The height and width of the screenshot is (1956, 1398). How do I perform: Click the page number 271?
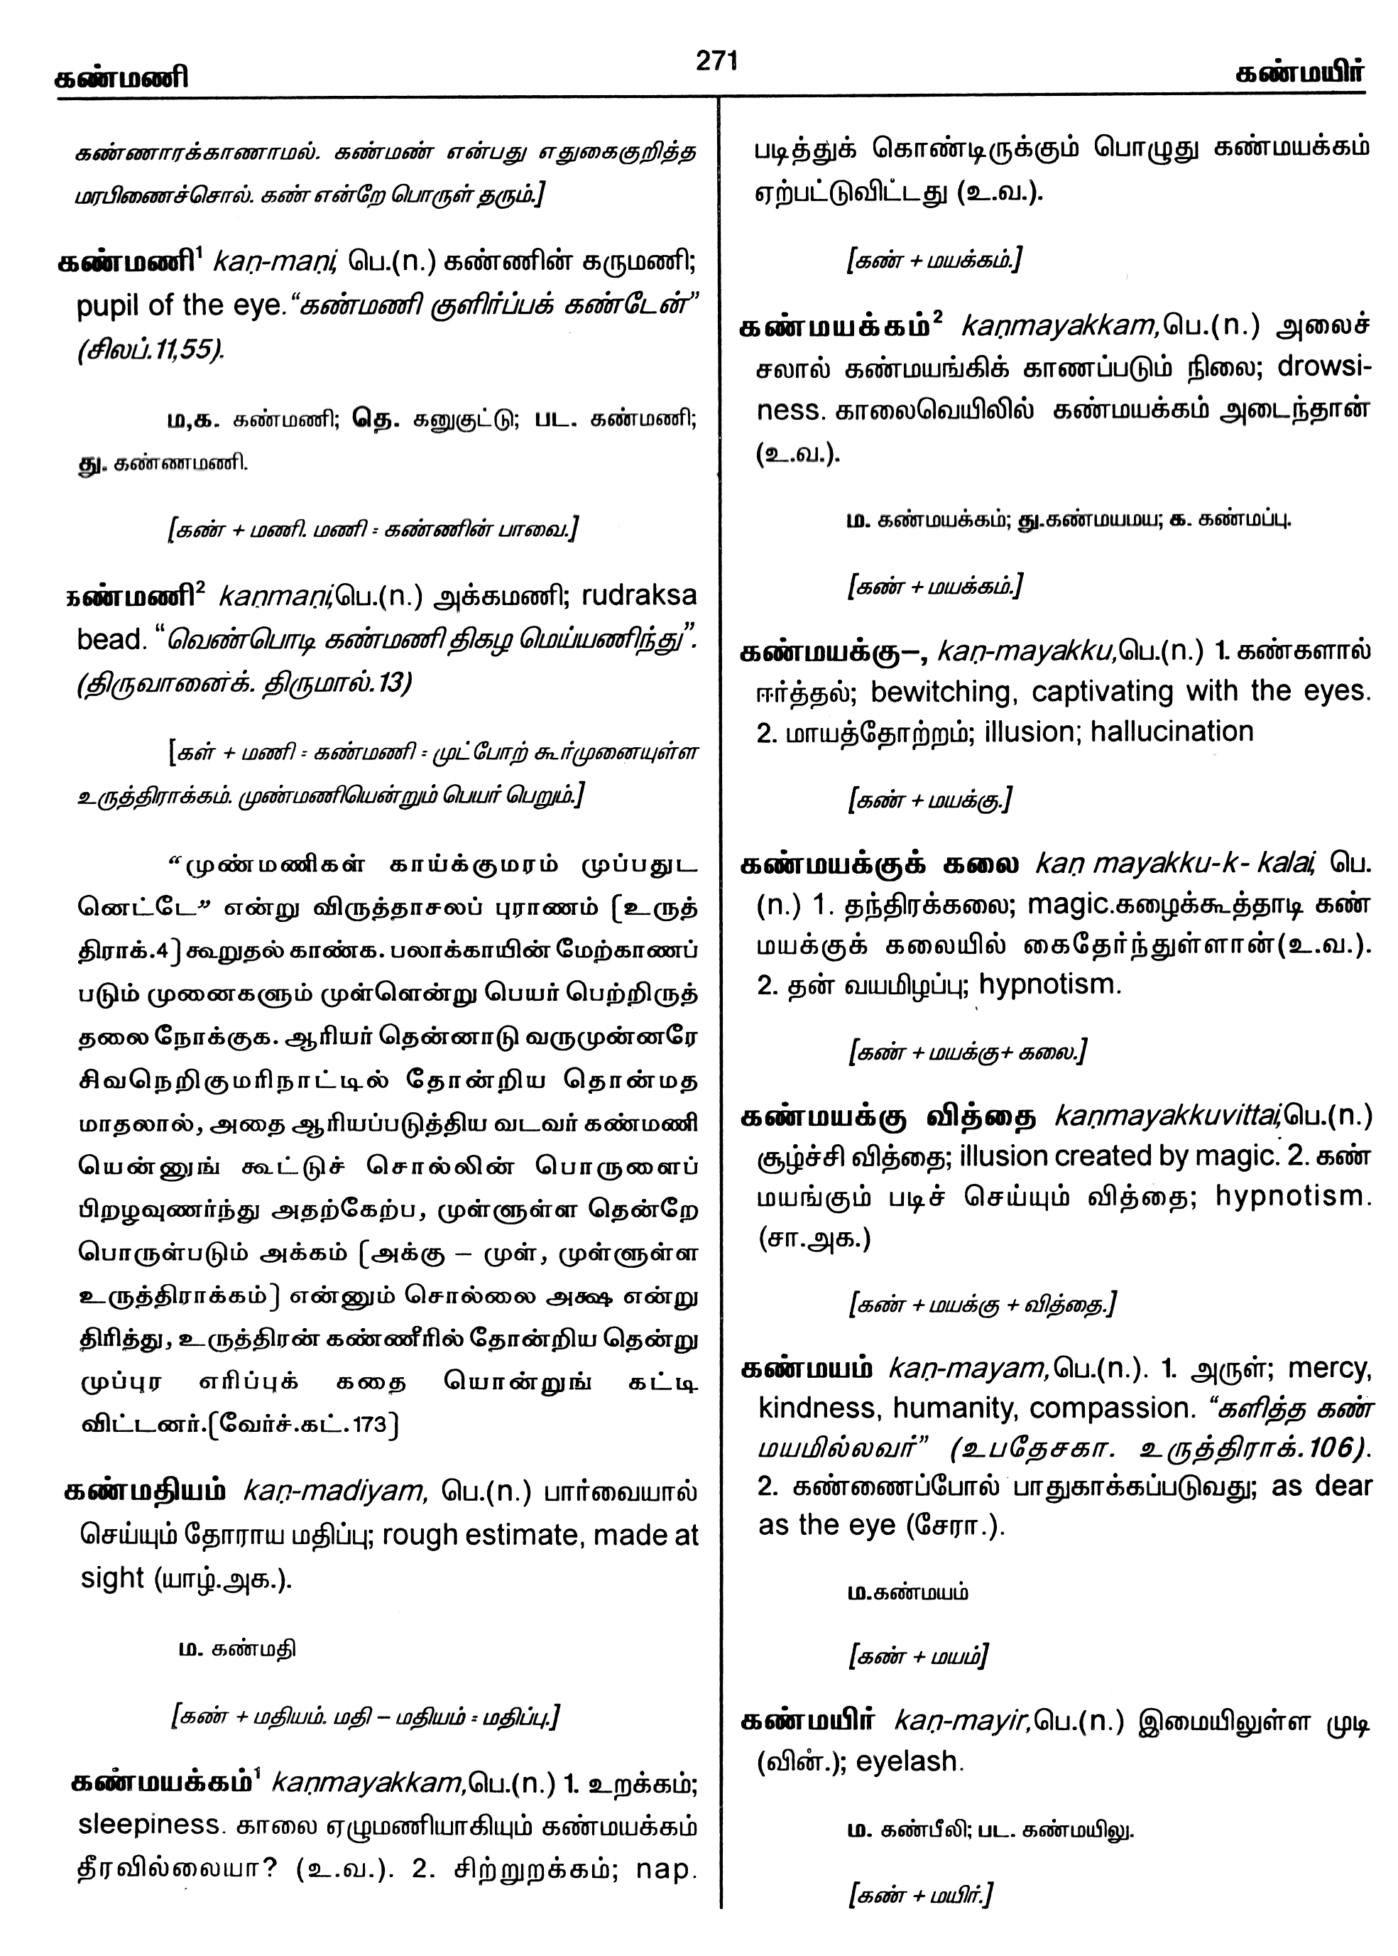tap(716, 61)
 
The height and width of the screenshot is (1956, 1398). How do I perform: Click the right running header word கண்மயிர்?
tap(1299, 74)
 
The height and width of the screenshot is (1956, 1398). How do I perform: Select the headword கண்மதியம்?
tap(145, 1491)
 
